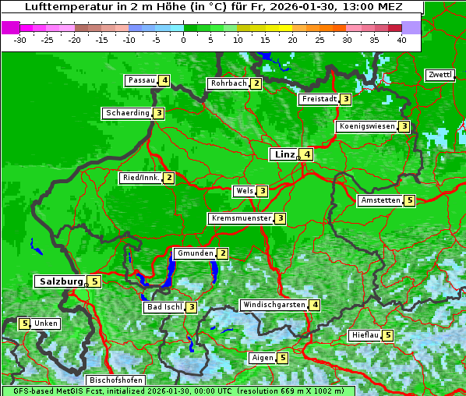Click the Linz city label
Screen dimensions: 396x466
[284, 154]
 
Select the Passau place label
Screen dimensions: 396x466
[141, 80]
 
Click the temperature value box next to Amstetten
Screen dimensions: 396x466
[410, 200]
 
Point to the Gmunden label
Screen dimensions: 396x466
[194, 253]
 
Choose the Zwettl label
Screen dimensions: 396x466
[440, 75]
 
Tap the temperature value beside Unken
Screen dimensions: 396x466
[24, 324]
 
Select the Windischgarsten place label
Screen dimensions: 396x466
[274, 305]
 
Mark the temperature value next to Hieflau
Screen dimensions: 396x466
[388, 335]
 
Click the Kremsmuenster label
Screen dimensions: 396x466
[240, 218]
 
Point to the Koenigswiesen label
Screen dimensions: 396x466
[366, 126]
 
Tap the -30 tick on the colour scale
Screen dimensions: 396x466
[20, 40]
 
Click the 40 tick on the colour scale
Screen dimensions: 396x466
[401, 40]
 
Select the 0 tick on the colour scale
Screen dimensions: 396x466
[183, 40]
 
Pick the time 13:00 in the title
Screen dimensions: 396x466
[336, 7]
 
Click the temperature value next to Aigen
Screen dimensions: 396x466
[282, 358]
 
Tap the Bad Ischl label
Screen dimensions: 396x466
[164, 307]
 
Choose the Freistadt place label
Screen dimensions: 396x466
[319, 99]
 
